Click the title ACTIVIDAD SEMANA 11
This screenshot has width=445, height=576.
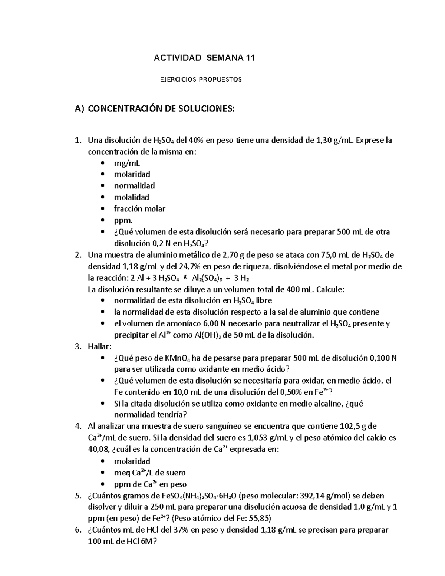pos(204,58)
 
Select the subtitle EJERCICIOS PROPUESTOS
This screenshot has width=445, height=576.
pos(201,79)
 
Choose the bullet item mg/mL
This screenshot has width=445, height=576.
pos(127,163)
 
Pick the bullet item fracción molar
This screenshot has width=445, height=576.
pos(139,209)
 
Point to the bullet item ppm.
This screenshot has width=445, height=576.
pos(123,220)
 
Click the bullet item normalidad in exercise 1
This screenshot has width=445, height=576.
pos(134,186)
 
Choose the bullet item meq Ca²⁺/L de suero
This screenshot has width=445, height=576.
pos(150,473)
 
